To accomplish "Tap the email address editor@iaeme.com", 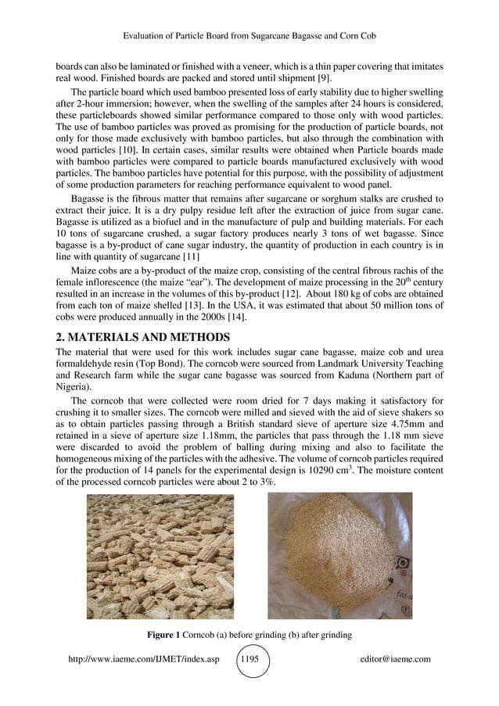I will [x=392, y=659].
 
